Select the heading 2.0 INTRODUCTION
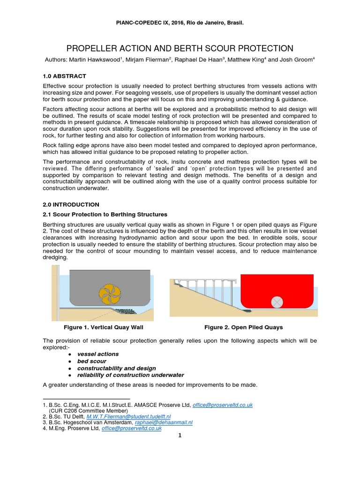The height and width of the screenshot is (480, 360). (x=71, y=204)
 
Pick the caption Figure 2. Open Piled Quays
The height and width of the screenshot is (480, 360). (x=243, y=327)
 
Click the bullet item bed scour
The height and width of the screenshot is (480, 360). (x=91, y=361)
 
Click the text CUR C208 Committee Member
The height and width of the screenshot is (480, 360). (x=84, y=410)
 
